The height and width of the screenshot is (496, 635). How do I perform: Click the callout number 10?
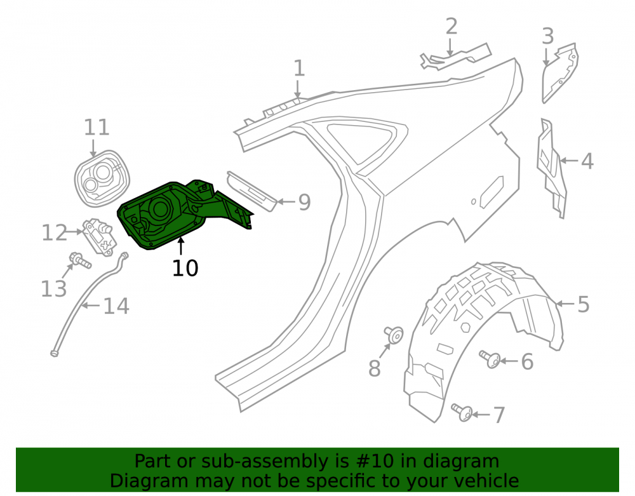[x=185, y=268]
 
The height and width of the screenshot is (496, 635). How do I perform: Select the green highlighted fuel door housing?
[x=178, y=215]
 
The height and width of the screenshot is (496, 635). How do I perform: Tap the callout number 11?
[x=97, y=128]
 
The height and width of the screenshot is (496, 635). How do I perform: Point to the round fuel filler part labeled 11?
[x=102, y=178]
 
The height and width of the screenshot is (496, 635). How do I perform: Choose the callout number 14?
[x=116, y=306]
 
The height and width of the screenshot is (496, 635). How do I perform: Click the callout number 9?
[x=304, y=202]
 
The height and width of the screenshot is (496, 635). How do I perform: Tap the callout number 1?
[x=299, y=68]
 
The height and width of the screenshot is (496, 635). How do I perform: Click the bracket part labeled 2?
[x=455, y=57]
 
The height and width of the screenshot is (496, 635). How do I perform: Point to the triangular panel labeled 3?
[x=560, y=73]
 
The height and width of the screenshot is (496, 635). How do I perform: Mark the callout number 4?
[x=587, y=161]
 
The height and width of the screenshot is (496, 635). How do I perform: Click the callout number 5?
[x=583, y=304]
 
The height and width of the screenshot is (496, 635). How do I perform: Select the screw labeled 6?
[x=490, y=359]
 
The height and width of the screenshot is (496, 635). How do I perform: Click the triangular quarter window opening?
[x=366, y=142]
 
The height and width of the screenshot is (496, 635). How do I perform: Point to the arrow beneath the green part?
[x=180, y=246]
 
